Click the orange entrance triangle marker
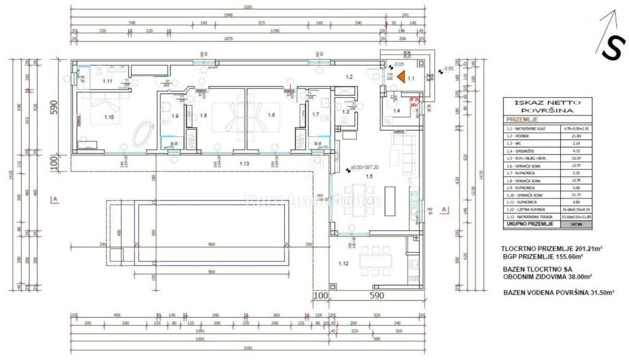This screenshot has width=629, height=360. pyautogui.click(x=400, y=77)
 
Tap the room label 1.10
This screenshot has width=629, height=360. pyautogui.click(x=109, y=116)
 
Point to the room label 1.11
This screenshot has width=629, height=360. pyautogui.click(x=107, y=81)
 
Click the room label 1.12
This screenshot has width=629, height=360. pyautogui.click(x=343, y=264)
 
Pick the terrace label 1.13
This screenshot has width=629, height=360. pyautogui.click(x=244, y=163)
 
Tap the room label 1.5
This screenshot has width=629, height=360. pyautogui.click(x=369, y=176)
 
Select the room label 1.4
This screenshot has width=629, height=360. pyautogui.click(x=397, y=111)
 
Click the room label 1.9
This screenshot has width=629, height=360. pyautogui.click(x=174, y=115)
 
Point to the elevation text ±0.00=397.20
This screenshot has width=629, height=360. pyautogui.click(x=365, y=167)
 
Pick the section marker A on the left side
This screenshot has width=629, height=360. pyautogui.click(x=56, y=199)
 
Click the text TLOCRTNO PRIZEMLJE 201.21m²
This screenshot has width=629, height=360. pyautogui.click(x=551, y=249)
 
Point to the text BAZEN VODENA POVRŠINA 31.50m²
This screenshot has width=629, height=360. pyautogui.click(x=558, y=293)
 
